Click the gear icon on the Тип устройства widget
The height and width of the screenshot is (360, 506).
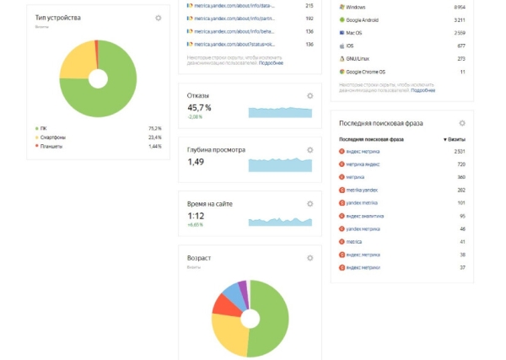click(159, 18)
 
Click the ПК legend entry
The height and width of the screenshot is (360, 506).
click(43, 128)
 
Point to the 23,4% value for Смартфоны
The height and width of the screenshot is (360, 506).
click(155, 137)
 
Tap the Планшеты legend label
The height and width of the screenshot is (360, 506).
click(52, 146)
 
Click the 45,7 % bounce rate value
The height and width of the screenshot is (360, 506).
click(200, 108)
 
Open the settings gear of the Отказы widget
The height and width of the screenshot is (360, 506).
click(310, 95)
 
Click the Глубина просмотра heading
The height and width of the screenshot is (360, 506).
click(216, 150)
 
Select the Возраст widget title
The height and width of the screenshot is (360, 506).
click(199, 257)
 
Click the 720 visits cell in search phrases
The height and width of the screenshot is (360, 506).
click(461, 164)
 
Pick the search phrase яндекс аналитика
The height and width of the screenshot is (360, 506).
click(365, 216)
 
